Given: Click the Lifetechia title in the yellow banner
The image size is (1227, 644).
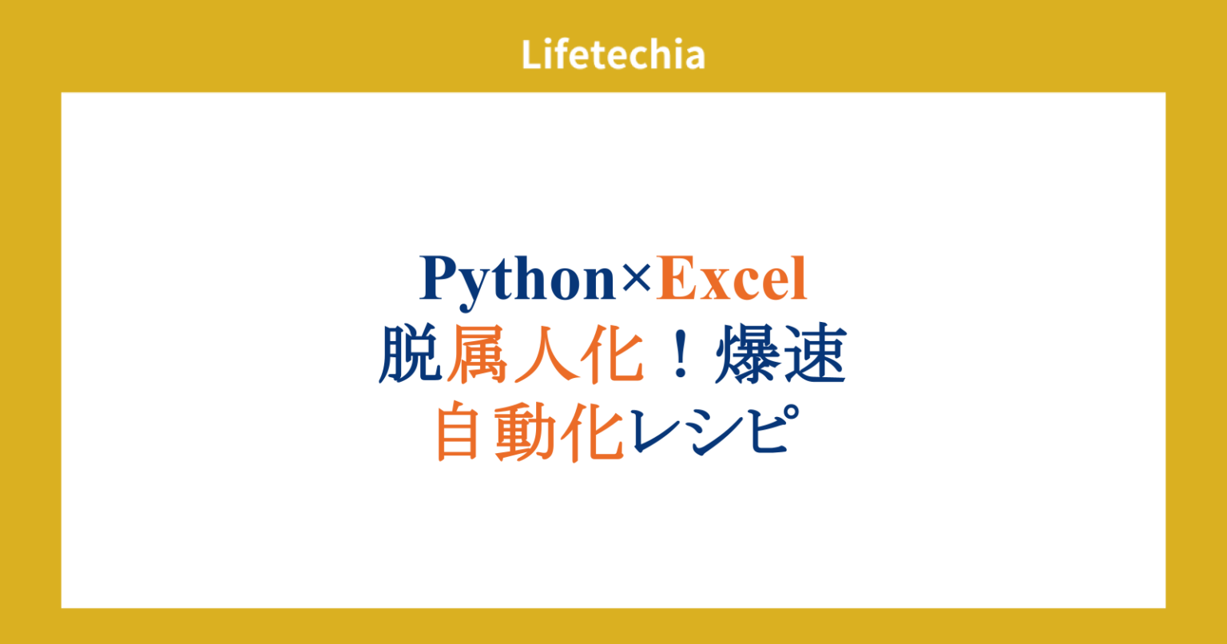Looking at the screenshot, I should pos(613,55).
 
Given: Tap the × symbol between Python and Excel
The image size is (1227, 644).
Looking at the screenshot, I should pos(636,280).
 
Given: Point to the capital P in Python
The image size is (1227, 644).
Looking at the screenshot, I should pos(437,279).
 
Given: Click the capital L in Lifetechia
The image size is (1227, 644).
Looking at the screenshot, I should pos(530,55).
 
